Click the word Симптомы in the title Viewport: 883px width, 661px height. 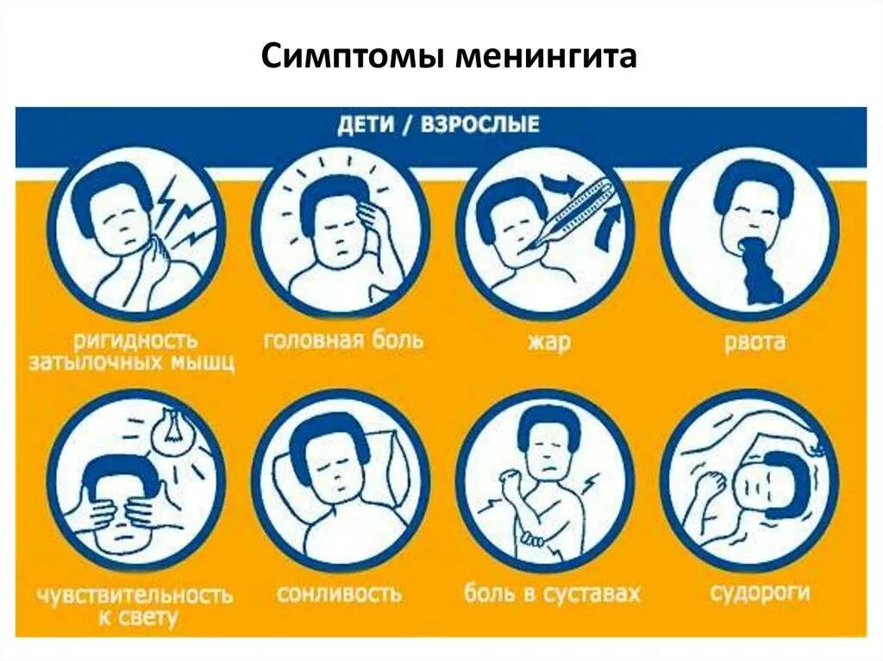tap(351, 58)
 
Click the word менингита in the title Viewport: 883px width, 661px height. tap(545, 58)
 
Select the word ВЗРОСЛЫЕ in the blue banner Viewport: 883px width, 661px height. tap(479, 125)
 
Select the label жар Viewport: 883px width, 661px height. tap(548, 341)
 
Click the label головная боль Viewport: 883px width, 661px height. tap(342, 339)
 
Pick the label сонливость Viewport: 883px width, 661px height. tap(339, 594)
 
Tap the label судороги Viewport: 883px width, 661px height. tap(760, 592)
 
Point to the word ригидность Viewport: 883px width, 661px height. tap(136, 339)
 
